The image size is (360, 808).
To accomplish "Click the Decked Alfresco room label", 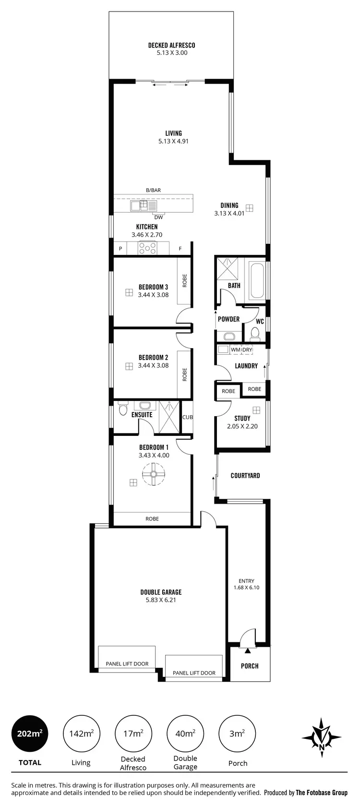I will pos(171,46).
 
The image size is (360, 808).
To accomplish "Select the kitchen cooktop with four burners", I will pos(148,248).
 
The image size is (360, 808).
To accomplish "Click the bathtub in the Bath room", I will pos(256,280).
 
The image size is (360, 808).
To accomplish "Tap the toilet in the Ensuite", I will pos(122,409).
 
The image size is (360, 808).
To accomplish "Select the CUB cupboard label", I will pos(187,417).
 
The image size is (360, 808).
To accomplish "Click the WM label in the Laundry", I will pos(235,350).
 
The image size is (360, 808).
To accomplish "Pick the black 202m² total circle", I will pos(30,734).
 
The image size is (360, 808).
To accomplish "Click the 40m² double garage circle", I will pos(185,734).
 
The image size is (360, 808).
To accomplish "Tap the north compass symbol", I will pos(322,734).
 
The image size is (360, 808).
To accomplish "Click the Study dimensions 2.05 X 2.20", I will pos(242,426).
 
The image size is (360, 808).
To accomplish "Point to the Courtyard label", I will pos(245,476).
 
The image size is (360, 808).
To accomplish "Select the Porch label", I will pos(250,666).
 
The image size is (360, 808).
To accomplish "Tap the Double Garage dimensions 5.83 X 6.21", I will pos(161,600).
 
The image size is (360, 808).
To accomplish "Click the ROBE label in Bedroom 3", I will pos(185,280).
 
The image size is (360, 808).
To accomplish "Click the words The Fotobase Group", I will pos(322,793).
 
